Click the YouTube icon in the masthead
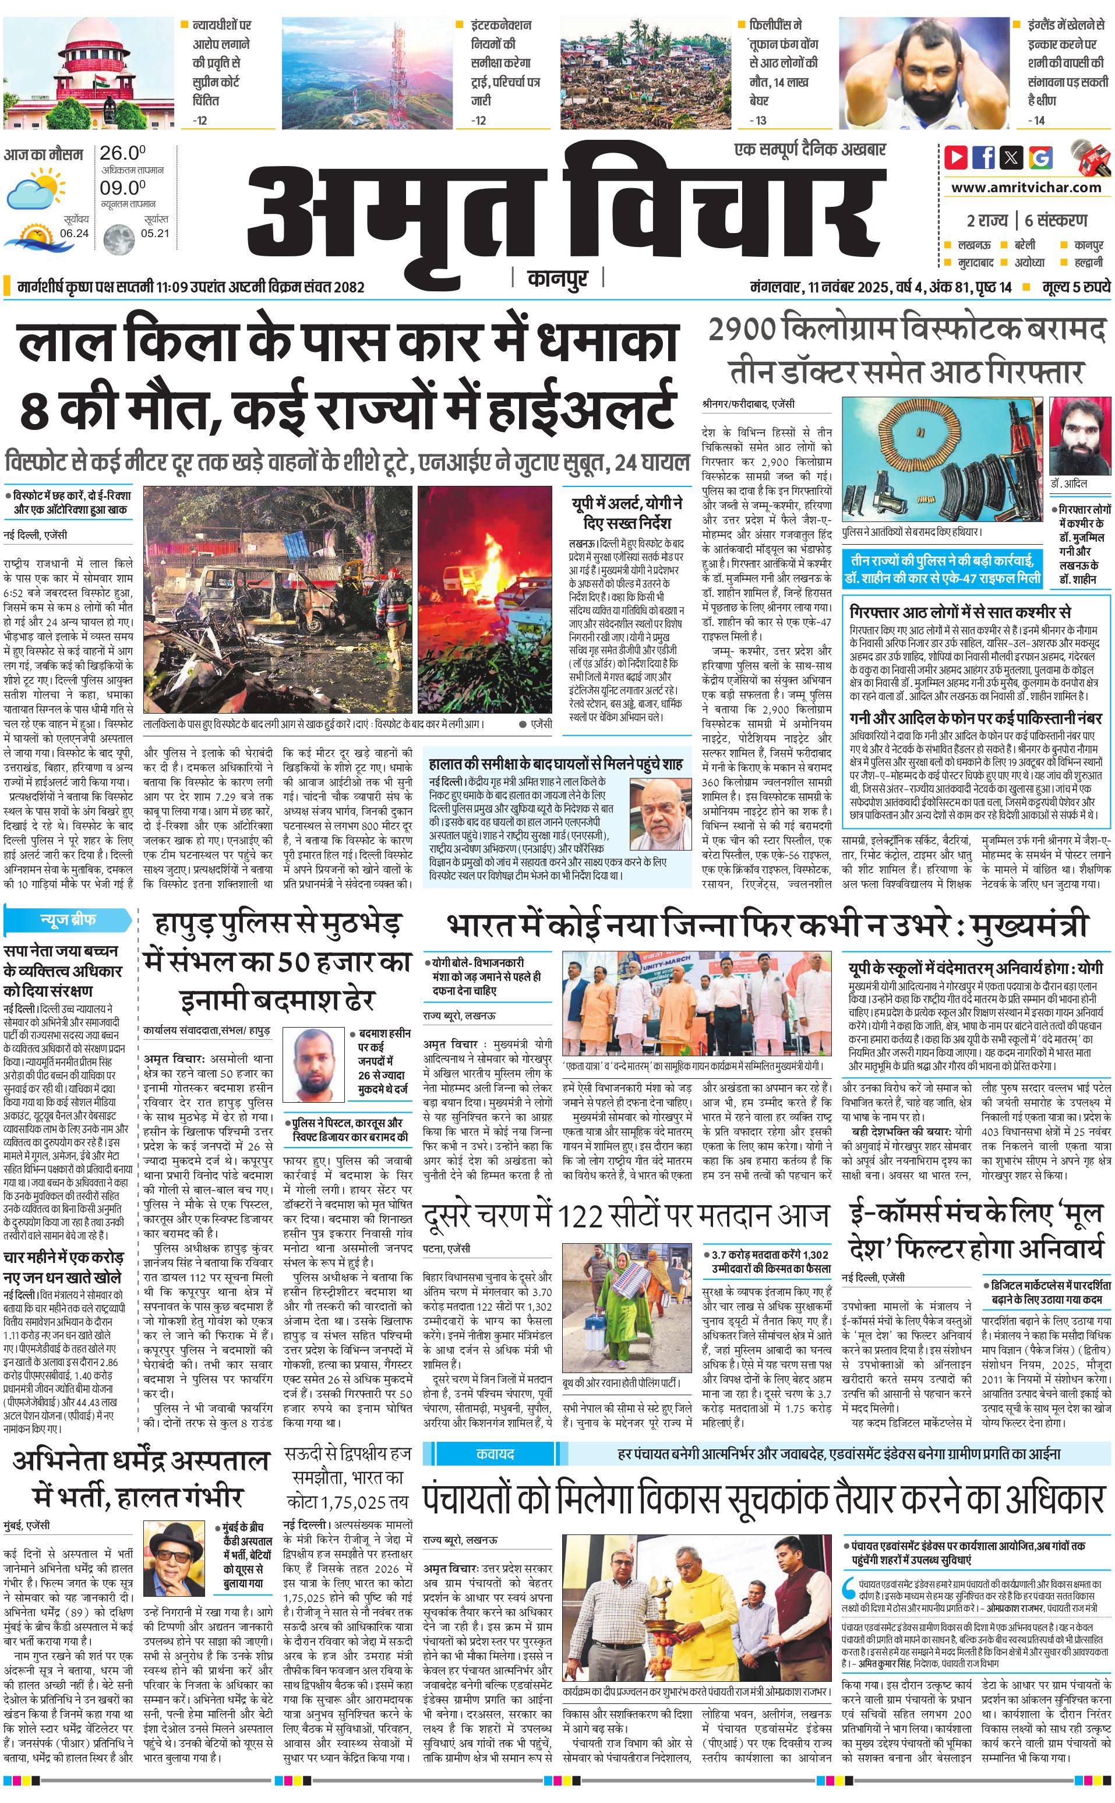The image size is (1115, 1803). [956, 157]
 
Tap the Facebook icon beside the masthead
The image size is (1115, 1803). [983, 157]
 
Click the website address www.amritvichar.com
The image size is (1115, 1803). [1026, 188]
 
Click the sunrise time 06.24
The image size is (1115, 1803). [75, 233]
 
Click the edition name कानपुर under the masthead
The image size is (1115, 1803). [557, 278]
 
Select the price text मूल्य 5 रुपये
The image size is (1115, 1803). [1075, 287]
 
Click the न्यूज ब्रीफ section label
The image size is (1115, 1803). [68, 920]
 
